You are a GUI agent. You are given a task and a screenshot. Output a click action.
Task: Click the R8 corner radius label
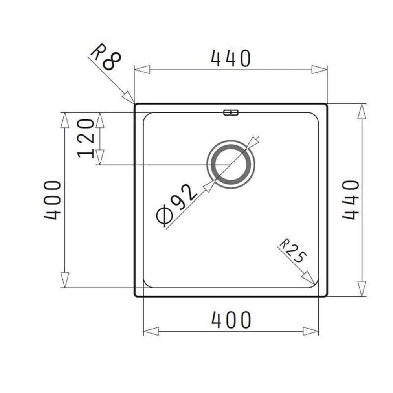coord(106,57)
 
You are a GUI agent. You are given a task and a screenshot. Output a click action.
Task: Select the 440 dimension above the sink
coord(231,59)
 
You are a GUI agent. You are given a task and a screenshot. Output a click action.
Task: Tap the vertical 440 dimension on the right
coord(351,200)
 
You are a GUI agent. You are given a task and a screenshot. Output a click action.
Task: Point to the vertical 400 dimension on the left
coord(52,200)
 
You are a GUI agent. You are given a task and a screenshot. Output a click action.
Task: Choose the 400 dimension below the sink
coord(231,320)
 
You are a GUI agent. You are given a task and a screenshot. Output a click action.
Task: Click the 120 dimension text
coord(86,138)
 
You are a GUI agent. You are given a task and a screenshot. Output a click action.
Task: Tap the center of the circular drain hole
coord(231,164)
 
